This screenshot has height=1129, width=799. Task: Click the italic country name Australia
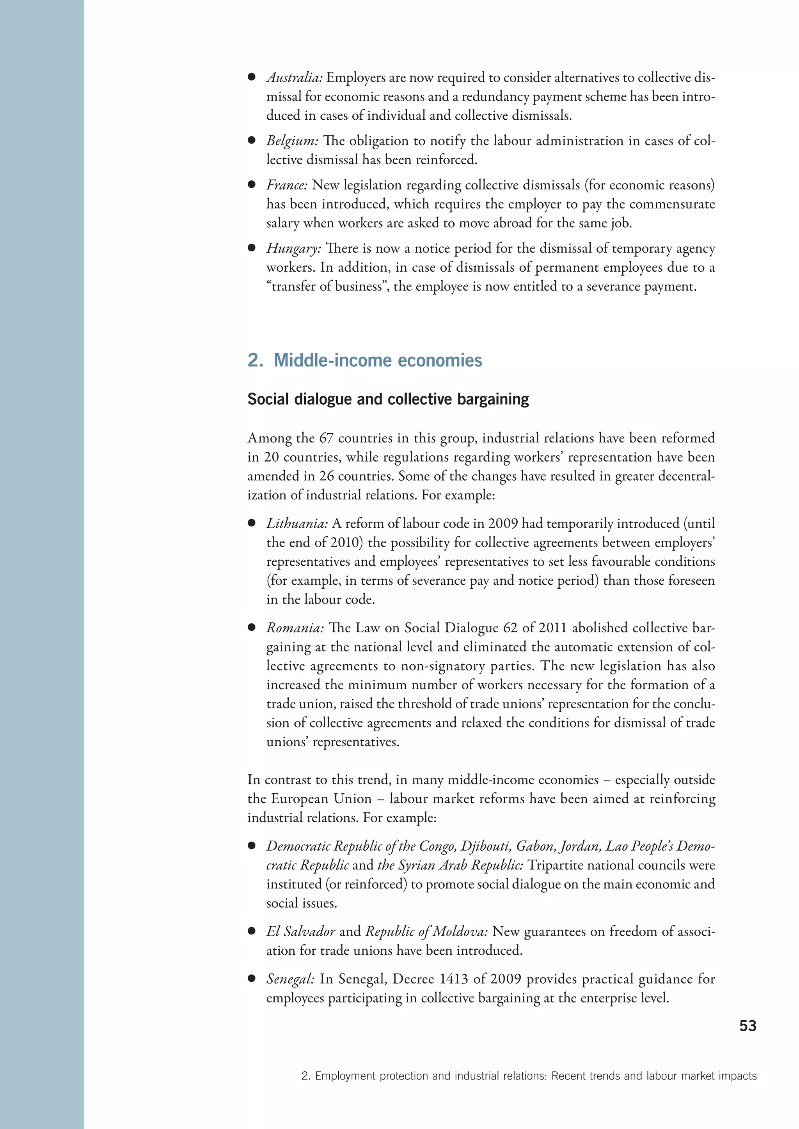coord(294,78)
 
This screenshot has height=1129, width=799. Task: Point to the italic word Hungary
coord(293,248)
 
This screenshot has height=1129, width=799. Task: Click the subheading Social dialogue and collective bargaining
coord(388,399)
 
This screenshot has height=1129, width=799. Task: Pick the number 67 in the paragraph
coord(326,438)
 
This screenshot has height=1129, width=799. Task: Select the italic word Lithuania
coord(297,523)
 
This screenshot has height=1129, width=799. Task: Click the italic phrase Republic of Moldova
coord(426,931)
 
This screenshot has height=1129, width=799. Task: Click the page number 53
coord(748,1026)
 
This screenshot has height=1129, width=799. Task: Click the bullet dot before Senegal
coord(251,979)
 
